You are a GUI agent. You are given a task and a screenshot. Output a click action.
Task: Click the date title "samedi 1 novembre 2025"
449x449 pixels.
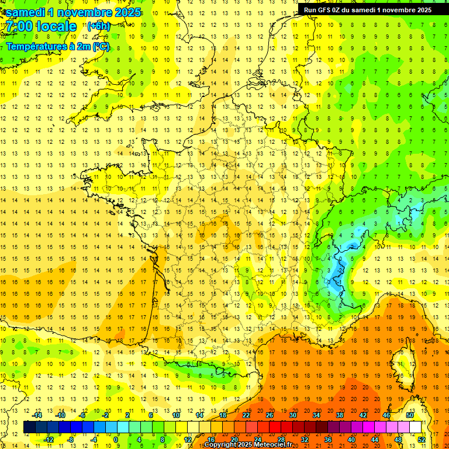pos(73,12)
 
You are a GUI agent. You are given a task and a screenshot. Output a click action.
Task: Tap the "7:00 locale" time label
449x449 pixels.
pos(42,26)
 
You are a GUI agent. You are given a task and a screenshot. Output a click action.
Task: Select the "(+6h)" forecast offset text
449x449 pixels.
pos(98,26)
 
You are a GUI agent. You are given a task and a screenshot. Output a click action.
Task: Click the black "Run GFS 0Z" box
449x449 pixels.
pos(372,9)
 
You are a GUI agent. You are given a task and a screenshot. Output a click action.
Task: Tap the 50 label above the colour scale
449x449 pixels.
pos(409,415)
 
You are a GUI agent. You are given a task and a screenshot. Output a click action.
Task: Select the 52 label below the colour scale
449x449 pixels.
pos(421,440)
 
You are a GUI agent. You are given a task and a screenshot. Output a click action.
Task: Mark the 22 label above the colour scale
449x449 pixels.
pos(246,415)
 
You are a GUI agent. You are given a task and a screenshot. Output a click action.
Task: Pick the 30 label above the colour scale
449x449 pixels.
pos(293,415)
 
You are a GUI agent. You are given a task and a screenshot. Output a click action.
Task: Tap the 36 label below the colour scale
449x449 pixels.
pos(328,440)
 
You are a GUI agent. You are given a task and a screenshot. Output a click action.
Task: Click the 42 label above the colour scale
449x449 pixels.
pos(363,415)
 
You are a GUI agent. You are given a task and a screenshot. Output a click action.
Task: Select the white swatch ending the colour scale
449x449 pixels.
pos(415,427)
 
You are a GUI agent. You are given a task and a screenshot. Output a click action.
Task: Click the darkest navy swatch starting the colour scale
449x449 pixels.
pos(29,427)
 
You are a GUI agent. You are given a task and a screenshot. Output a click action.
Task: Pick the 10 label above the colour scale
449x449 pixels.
pos(176,415)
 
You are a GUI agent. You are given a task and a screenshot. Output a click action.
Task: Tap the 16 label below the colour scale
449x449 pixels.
pos(211,440)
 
